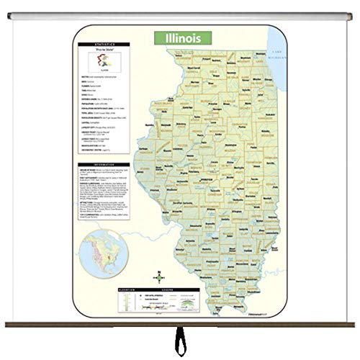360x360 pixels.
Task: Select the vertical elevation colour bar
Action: coord(85,304)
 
